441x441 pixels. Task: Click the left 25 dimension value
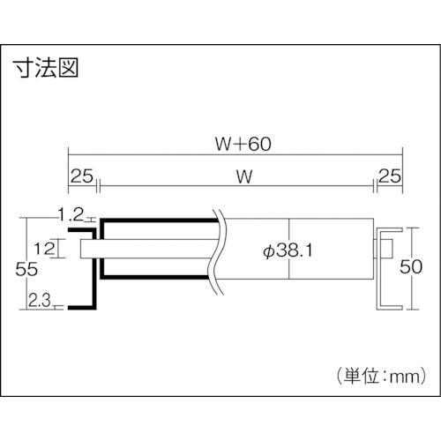[x=81, y=176]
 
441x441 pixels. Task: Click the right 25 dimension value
[x=388, y=176]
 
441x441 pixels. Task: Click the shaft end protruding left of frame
[x=86, y=248]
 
